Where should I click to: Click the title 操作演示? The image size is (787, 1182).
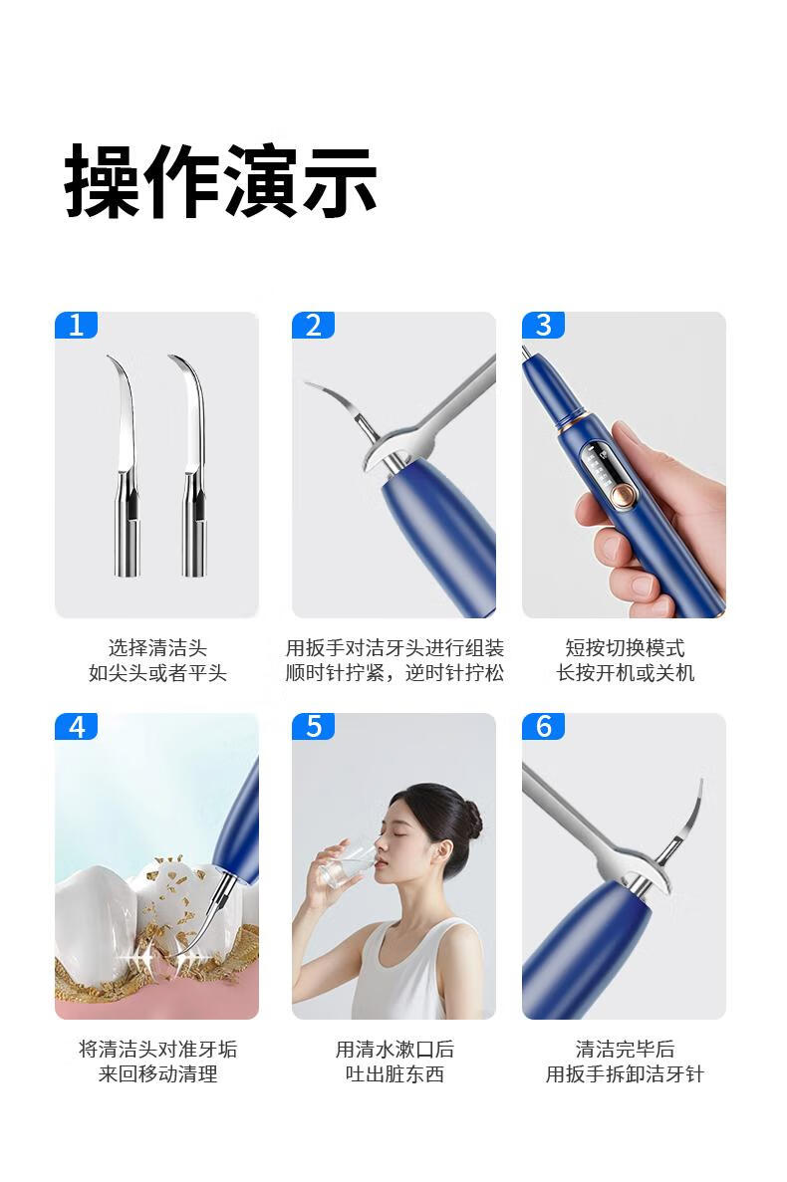(x=220, y=181)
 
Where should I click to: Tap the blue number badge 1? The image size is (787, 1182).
(x=76, y=325)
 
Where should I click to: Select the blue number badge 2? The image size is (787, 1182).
(x=313, y=325)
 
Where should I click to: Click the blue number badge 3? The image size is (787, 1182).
(x=543, y=325)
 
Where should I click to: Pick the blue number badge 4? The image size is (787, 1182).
(x=76, y=727)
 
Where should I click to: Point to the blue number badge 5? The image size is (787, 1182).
(x=313, y=727)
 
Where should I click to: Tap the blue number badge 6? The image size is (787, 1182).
(x=543, y=727)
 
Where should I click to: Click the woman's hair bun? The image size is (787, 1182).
(x=472, y=820)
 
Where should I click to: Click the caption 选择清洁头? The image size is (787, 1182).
(x=156, y=647)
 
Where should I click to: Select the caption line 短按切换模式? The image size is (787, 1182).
(x=625, y=647)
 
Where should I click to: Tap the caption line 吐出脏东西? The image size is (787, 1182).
(x=394, y=1073)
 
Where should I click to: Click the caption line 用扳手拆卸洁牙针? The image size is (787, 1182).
(x=625, y=1073)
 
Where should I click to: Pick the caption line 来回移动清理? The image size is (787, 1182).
(x=157, y=1073)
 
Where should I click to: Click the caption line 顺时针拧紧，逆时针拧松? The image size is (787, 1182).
(x=394, y=672)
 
